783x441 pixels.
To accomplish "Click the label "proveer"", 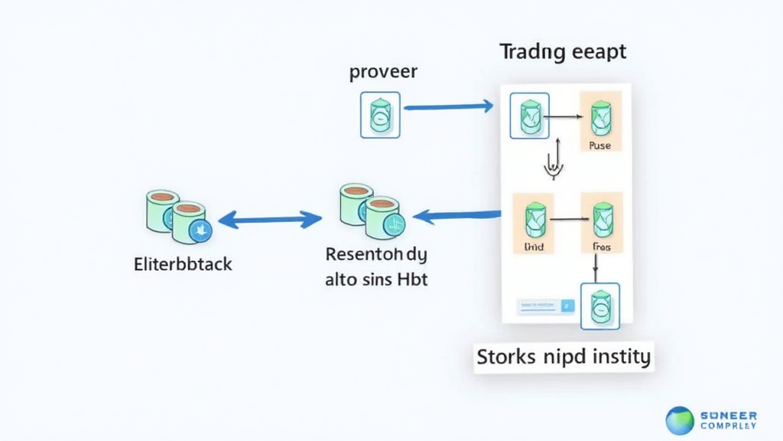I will [383, 73].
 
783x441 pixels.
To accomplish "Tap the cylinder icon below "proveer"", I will [380, 116].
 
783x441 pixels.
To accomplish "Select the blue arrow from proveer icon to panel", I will [448, 107].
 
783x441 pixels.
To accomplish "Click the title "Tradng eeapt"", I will [563, 52].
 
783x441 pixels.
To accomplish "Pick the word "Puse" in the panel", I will [600, 145].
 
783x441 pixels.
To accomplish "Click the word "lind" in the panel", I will [532, 248].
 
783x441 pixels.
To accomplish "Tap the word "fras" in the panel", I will [603, 248].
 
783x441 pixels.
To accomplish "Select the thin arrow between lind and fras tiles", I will [567, 220].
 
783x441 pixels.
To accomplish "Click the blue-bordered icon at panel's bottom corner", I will [600, 306].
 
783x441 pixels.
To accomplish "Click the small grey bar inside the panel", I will [545, 306].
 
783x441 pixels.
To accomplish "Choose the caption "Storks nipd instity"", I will [564, 357].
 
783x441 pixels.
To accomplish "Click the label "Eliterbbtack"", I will [183, 265].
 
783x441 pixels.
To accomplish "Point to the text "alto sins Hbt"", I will [376, 279].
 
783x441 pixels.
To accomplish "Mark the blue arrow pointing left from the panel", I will [456, 217].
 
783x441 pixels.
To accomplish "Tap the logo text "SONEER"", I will [729, 415].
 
